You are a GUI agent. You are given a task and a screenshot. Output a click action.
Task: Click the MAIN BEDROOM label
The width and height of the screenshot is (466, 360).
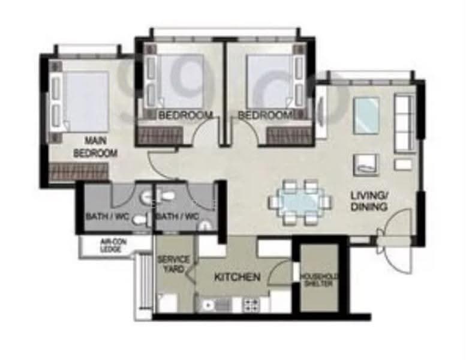pyautogui.click(x=95, y=147)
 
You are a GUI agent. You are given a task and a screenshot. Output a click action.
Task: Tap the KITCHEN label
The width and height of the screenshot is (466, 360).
pyautogui.click(x=237, y=277)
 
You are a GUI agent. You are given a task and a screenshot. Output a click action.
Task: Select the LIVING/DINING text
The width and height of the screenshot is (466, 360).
pyautogui.click(x=369, y=201)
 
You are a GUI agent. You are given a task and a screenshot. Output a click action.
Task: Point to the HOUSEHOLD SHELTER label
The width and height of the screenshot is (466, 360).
pyautogui.click(x=319, y=280)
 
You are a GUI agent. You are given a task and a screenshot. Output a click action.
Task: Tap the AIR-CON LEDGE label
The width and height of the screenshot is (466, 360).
pyautogui.click(x=113, y=245)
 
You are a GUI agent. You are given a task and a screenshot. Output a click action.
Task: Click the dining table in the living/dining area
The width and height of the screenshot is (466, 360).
pyautogui.click(x=300, y=202)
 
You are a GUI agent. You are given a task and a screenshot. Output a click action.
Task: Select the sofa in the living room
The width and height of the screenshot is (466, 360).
pyautogui.click(x=404, y=122)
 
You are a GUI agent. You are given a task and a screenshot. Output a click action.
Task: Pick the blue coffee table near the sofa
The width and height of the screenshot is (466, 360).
pyautogui.click(x=366, y=115)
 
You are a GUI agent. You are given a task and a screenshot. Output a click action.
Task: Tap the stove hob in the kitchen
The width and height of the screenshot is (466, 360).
pyautogui.click(x=251, y=305)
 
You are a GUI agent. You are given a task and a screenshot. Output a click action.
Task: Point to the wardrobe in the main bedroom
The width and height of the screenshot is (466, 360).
pyautogui.click(x=79, y=172)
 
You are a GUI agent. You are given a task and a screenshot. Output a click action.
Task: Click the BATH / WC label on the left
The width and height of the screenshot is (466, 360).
pyautogui.click(x=107, y=216)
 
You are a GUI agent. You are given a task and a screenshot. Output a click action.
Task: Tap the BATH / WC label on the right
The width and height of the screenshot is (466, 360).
pyautogui.click(x=178, y=216)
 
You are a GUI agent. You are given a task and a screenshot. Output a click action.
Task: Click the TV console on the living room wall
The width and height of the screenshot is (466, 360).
pyautogui.click(x=321, y=112)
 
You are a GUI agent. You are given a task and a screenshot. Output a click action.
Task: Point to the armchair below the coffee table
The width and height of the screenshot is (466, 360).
pyautogui.click(x=366, y=165)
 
